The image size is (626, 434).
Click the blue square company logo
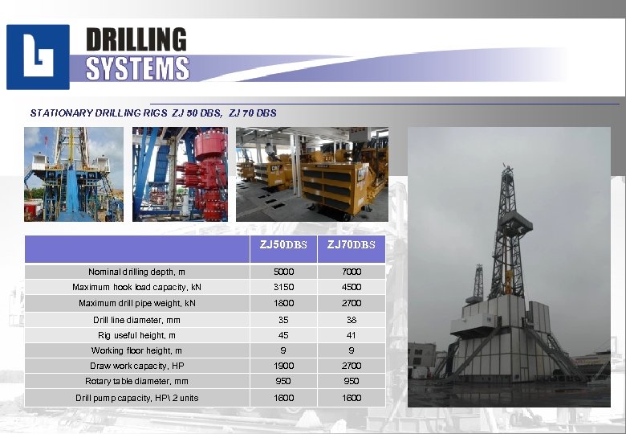(38, 57)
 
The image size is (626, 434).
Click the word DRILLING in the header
(136, 39)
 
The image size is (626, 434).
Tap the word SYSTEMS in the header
(137, 69)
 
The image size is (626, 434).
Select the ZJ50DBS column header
(283, 244)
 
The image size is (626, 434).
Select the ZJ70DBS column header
(351, 244)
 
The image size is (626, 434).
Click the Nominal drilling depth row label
(136, 272)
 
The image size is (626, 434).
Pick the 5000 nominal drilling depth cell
(283, 272)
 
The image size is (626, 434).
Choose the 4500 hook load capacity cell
(351, 287)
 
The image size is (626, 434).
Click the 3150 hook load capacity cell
(283, 287)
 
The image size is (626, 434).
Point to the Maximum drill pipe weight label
(136, 303)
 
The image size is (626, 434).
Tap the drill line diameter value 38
(351, 319)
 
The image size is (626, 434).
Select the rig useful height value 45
(283, 335)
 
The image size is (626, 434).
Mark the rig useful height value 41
(351, 335)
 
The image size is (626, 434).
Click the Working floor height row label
(136, 350)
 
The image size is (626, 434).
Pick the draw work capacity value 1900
(283, 366)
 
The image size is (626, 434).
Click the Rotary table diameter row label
(136, 382)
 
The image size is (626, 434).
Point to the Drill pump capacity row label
(136, 398)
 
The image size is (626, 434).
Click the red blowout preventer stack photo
(180, 174)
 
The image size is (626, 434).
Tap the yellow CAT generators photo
(311, 174)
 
